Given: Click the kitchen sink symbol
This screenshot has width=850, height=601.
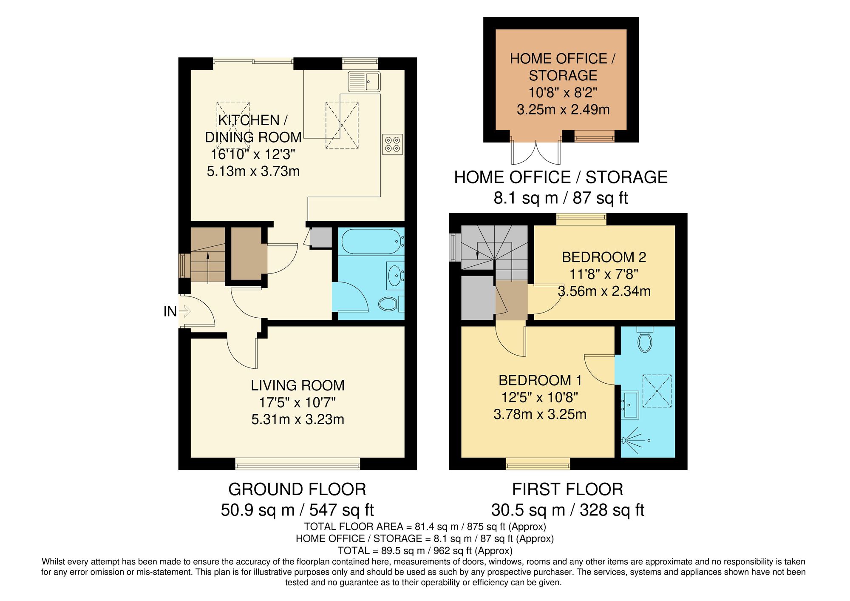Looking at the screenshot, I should pos(364,82).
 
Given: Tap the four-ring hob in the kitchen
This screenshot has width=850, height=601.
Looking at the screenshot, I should pos(392,144).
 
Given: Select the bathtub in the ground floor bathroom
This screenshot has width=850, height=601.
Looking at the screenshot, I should pos(371,242).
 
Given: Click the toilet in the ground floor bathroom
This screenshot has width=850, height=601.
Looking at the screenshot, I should pos(389,304).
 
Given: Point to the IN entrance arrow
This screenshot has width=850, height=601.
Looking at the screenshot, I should pos(184,311).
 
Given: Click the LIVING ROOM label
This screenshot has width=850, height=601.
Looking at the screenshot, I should pos(297,385).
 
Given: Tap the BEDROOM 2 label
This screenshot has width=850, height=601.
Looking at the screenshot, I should pos(603,257).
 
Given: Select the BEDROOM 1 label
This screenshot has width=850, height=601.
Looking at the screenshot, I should pos(540,380).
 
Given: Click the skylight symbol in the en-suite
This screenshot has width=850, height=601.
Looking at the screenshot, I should pos(657,391).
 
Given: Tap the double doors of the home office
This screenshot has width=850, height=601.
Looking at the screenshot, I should pos(536,152).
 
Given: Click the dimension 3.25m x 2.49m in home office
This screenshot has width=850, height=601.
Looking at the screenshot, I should pos(563,110).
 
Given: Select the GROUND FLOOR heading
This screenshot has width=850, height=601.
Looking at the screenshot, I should pos(297,490).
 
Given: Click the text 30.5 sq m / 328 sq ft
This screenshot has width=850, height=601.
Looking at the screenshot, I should pos(567,510).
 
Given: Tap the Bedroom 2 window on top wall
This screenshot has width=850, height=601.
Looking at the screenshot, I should pos(581,219).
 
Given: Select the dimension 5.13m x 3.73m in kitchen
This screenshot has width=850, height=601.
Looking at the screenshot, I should pos(253,171).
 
